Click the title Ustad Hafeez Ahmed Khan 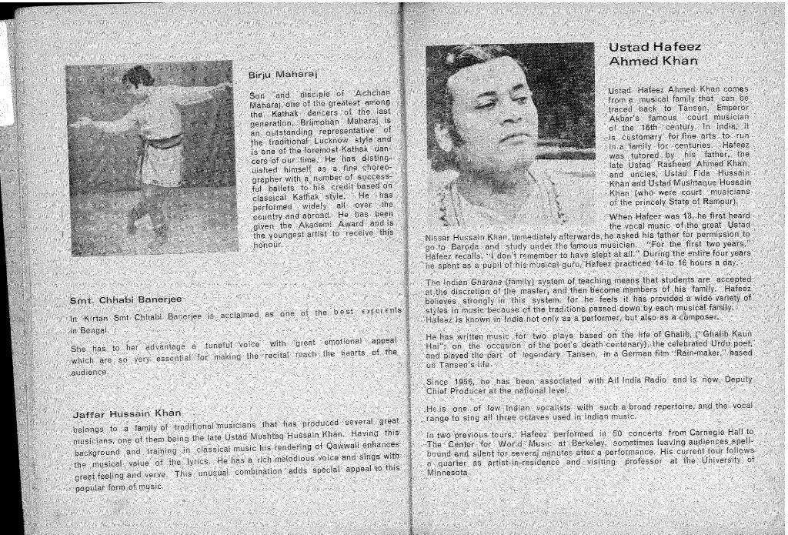point(653,54)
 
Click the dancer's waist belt point(164,141)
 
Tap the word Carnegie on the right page point(693,433)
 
